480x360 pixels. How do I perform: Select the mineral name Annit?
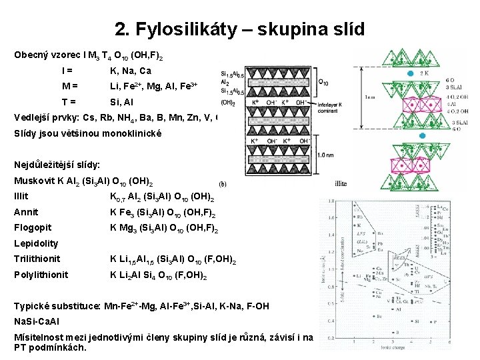point(25,213)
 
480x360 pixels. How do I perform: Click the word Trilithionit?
point(37,259)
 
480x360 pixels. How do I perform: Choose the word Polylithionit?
point(41,275)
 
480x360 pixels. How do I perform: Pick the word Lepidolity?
point(36,243)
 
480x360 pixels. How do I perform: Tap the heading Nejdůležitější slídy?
point(57,164)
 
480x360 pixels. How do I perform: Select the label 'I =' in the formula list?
point(67,71)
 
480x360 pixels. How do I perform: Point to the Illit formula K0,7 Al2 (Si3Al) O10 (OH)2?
point(161,197)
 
